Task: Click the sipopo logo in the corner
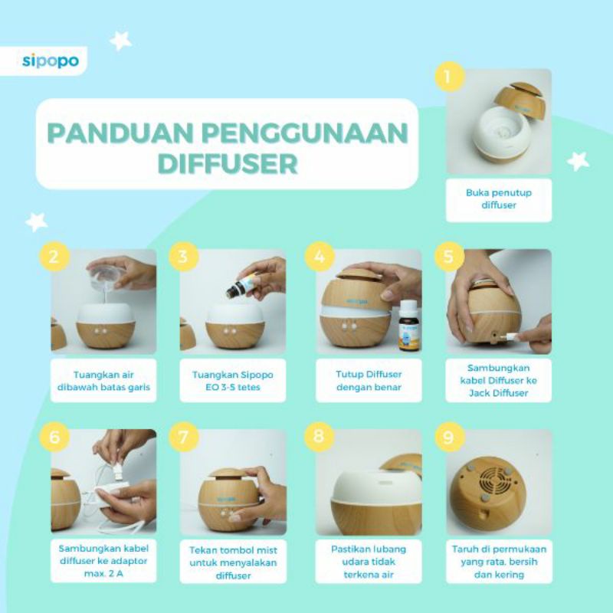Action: tap(51, 61)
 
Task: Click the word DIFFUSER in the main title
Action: tap(228, 163)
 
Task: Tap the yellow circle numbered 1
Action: tap(450, 77)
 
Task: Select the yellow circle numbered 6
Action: tap(54, 437)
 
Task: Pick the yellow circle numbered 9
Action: tap(450, 437)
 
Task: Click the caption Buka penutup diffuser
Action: tap(499, 199)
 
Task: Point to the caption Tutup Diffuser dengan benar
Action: tap(369, 381)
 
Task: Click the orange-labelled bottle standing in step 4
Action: tap(409, 325)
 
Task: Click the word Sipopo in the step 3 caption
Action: tap(257, 375)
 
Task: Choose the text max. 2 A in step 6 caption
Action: tap(103, 574)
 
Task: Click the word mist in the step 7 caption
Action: tap(267, 550)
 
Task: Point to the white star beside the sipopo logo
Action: tap(120, 41)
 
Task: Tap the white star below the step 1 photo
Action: tap(579, 162)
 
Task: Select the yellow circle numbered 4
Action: tap(320, 257)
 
